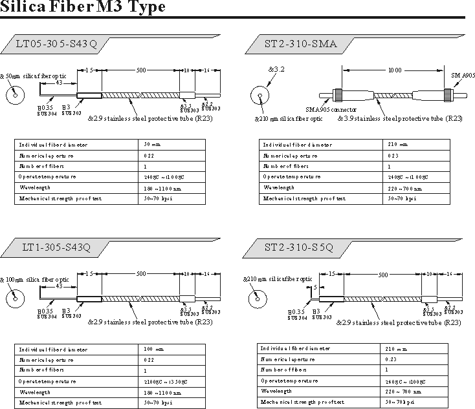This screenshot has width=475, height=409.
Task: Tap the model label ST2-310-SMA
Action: click(x=297, y=45)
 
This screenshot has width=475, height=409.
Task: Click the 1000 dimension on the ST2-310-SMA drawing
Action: click(x=394, y=70)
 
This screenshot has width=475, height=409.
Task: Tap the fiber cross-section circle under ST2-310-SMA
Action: click(x=260, y=96)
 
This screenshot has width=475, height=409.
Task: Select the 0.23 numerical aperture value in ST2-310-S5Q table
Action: click(x=390, y=359)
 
